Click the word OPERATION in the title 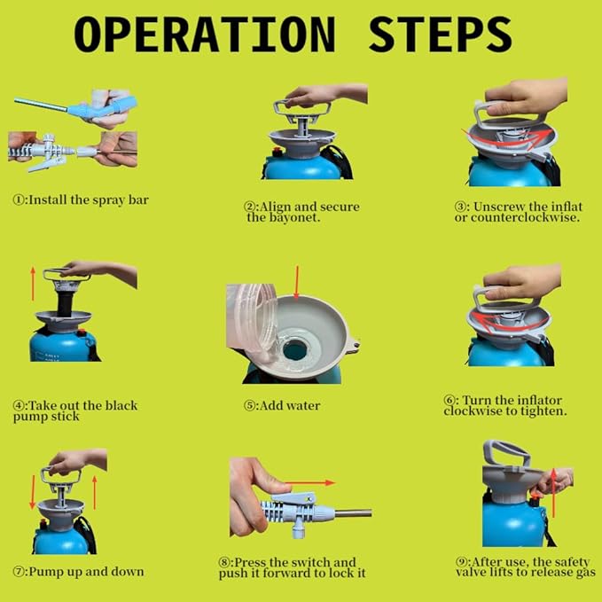(205, 34)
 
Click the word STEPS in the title (441, 34)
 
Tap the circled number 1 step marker (19, 200)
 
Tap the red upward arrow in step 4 (33, 284)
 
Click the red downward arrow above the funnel (296, 283)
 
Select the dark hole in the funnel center (294, 349)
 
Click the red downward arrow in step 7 (33, 492)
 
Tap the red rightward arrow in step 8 (309, 482)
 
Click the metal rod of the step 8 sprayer (353, 512)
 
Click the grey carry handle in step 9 (506, 452)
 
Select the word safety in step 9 (572, 562)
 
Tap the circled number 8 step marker (224, 562)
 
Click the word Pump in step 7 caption (46, 572)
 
